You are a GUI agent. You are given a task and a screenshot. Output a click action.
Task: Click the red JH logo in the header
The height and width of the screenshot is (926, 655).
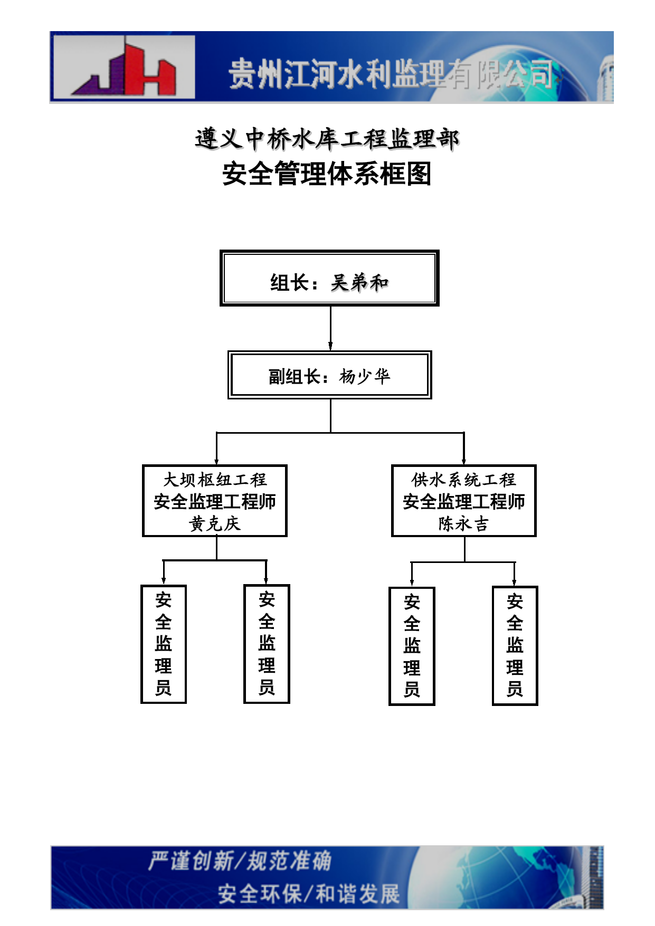124,67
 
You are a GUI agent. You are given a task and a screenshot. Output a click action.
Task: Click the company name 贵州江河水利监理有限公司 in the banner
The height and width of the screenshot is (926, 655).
391,73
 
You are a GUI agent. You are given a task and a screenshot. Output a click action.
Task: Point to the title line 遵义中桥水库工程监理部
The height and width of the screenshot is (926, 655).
327,139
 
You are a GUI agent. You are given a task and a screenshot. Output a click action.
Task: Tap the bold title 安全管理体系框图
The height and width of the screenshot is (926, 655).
327,174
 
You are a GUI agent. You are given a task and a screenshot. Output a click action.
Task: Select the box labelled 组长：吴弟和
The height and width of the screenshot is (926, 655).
329,278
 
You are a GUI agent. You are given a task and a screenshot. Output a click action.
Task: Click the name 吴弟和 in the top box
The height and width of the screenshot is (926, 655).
359,283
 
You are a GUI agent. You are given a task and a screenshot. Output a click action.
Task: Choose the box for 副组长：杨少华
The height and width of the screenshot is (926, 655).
330,375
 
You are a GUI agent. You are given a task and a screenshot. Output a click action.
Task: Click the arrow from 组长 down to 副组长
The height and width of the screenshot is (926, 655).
330,328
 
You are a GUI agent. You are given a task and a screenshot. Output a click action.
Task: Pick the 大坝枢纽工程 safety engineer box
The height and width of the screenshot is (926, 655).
215,501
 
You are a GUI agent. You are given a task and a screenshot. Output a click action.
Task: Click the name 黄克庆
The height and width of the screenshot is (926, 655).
215,523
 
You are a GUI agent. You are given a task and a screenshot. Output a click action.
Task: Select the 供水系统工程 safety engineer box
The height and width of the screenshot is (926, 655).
464,501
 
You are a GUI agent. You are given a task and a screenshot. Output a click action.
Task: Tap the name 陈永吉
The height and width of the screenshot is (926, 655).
464,523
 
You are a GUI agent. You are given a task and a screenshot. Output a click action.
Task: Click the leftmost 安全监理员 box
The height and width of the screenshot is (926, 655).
164,644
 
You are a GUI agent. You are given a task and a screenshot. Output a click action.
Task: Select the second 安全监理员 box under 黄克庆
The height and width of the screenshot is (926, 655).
267,644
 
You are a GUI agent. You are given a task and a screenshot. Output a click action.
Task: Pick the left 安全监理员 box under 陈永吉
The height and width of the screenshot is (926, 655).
412,646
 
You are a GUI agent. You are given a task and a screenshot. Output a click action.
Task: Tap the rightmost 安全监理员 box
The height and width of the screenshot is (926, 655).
515,646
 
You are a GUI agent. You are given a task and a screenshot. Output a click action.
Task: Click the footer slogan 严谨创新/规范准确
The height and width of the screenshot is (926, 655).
240,861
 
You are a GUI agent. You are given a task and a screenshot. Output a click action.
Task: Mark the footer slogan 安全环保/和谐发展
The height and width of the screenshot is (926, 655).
309,894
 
